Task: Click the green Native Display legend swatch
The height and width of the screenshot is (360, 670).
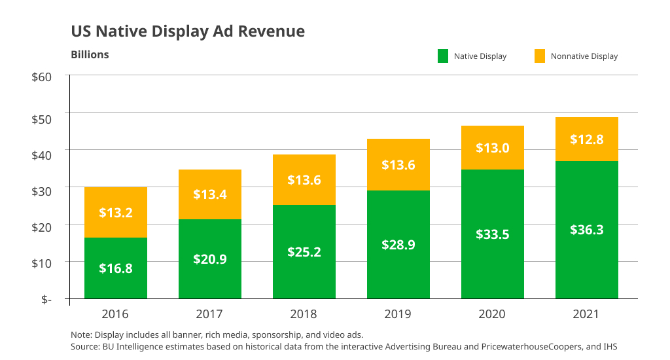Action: pyautogui.click(x=443, y=56)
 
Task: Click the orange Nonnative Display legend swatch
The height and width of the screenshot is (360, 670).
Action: pyautogui.click(x=540, y=56)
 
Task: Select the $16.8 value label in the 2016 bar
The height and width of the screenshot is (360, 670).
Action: pyautogui.click(x=116, y=268)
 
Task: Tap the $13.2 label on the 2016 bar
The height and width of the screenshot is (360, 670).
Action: pyautogui.click(x=116, y=212)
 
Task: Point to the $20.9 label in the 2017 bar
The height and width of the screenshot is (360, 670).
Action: pyautogui.click(x=210, y=259)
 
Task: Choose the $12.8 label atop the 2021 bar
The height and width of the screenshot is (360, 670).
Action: pyautogui.click(x=587, y=139)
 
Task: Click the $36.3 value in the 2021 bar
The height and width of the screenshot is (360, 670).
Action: pyautogui.click(x=587, y=229)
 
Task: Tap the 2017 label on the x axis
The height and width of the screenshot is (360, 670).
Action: pyautogui.click(x=210, y=314)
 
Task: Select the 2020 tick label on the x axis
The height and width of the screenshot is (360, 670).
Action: pyautogui.click(x=493, y=314)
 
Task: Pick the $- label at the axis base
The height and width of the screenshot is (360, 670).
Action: pyautogui.click(x=46, y=299)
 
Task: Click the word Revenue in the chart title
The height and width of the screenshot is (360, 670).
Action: pyautogui.click(x=275, y=31)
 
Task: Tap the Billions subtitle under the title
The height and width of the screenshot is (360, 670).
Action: pyautogui.click(x=90, y=54)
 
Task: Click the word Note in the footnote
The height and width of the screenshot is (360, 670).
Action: pyautogui.click(x=80, y=334)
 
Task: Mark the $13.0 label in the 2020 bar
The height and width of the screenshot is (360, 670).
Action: pyautogui.click(x=493, y=148)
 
